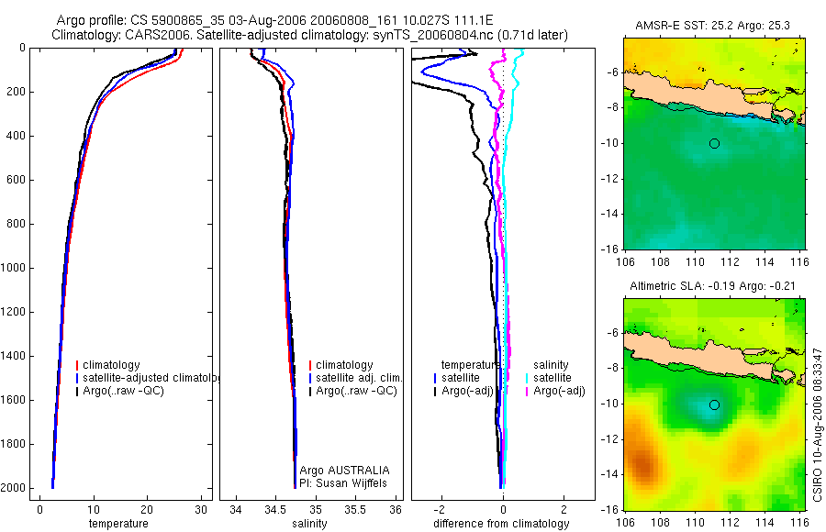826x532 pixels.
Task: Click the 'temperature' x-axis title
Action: click(117, 524)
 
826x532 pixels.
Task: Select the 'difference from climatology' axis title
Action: click(502, 524)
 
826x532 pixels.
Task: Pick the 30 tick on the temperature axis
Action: click(200, 509)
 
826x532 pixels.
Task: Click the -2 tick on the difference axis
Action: click(441, 509)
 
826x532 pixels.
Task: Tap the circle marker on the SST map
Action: click(714, 143)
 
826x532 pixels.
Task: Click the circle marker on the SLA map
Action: click(714, 405)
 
